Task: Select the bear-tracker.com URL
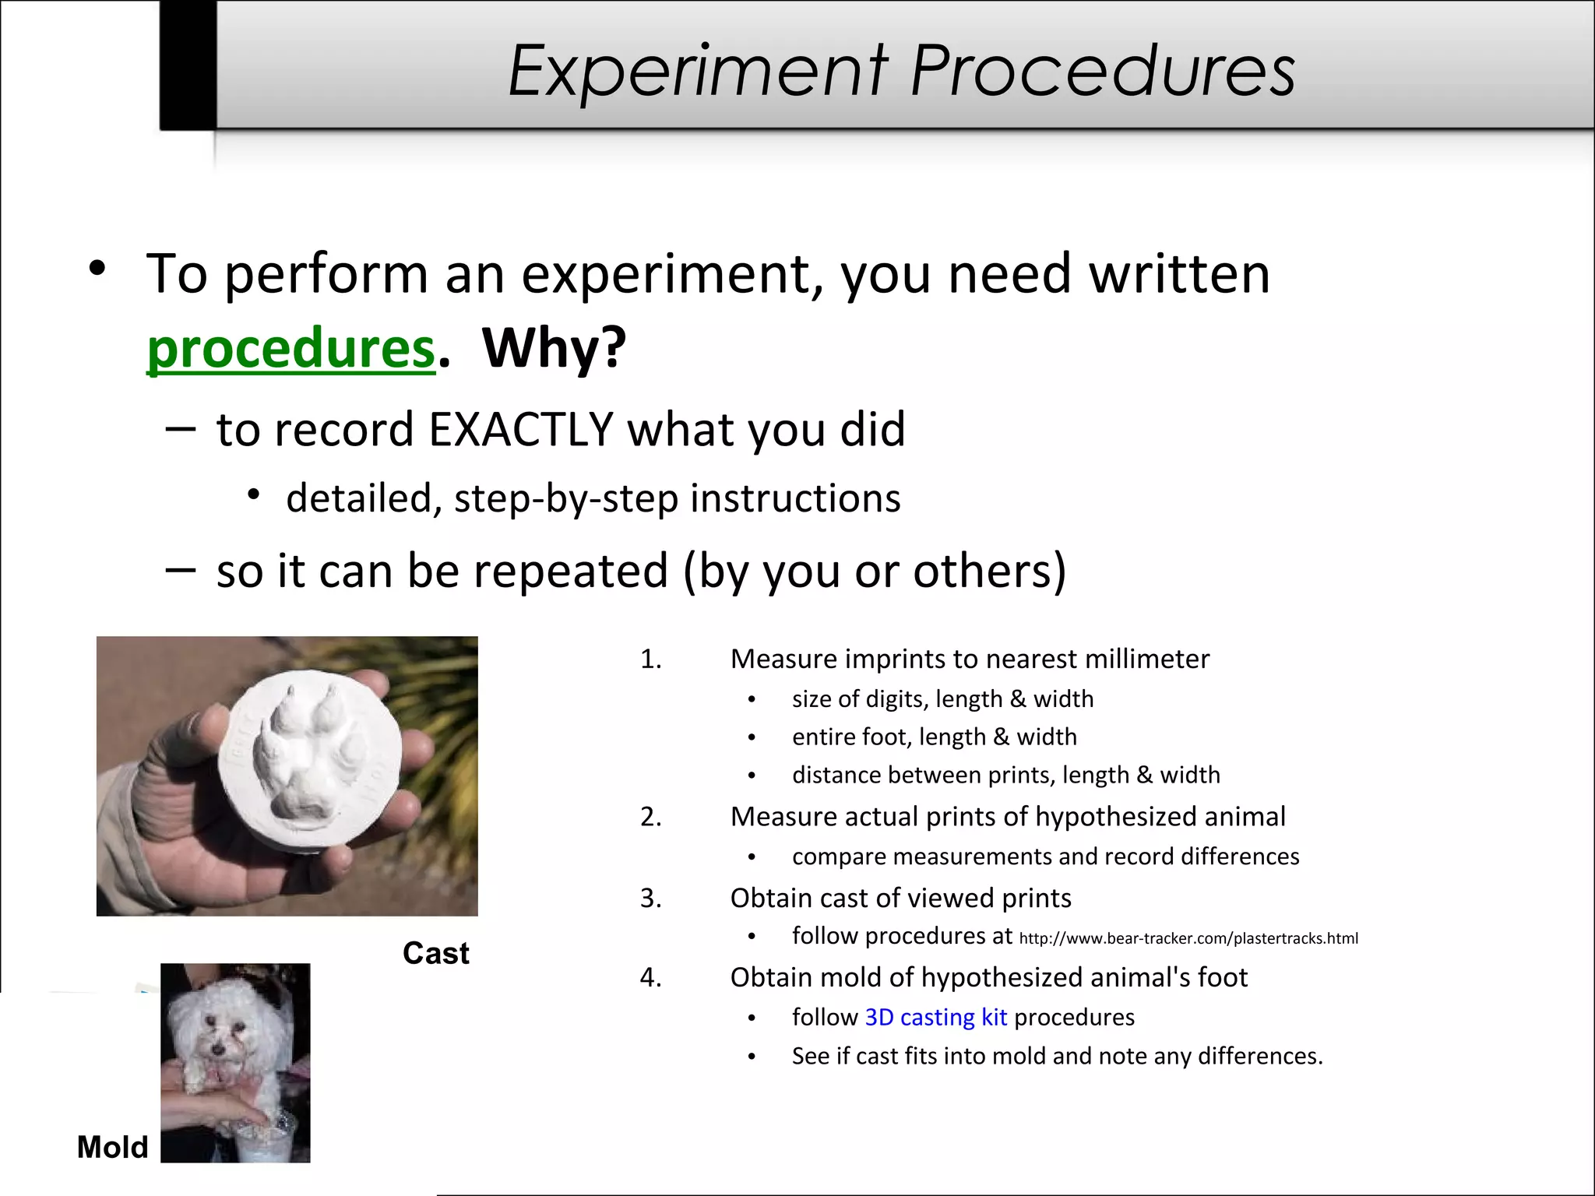pyautogui.click(x=1188, y=938)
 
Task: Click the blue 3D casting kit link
pyautogui.click(x=935, y=1017)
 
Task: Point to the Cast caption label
pyautogui.click(x=435, y=953)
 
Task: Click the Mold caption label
pyautogui.click(x=112, y=1147)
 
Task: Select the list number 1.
pyautogui.click(x=650, y=660)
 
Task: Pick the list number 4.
pyautogui.click(x=650, y=977)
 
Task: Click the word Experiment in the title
pyautogui.click(x=698, y=72)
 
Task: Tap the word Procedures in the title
pyautogui.click(x=1102, y=72)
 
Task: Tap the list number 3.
pyautogui.click(x=650, y=899)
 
